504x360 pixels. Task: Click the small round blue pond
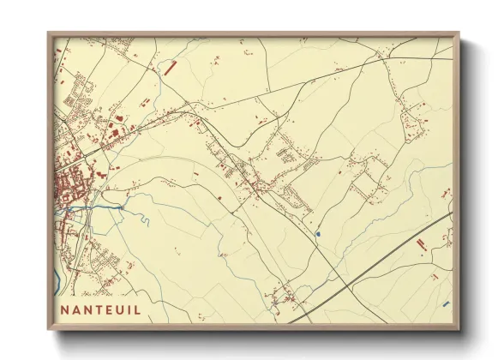tap(318, 232)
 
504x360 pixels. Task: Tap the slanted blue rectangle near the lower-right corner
tap(446, 303)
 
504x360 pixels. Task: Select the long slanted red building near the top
tap(169, 65)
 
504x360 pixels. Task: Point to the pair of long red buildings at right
tap(421, 246)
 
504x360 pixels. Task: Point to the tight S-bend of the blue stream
tap(144, 218)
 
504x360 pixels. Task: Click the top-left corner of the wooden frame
tap(49, 33)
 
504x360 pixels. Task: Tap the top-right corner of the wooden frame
tap(459, 33)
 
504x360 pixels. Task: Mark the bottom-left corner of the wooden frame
tap(49, 329)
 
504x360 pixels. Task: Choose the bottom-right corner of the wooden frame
tap(459, 329)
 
